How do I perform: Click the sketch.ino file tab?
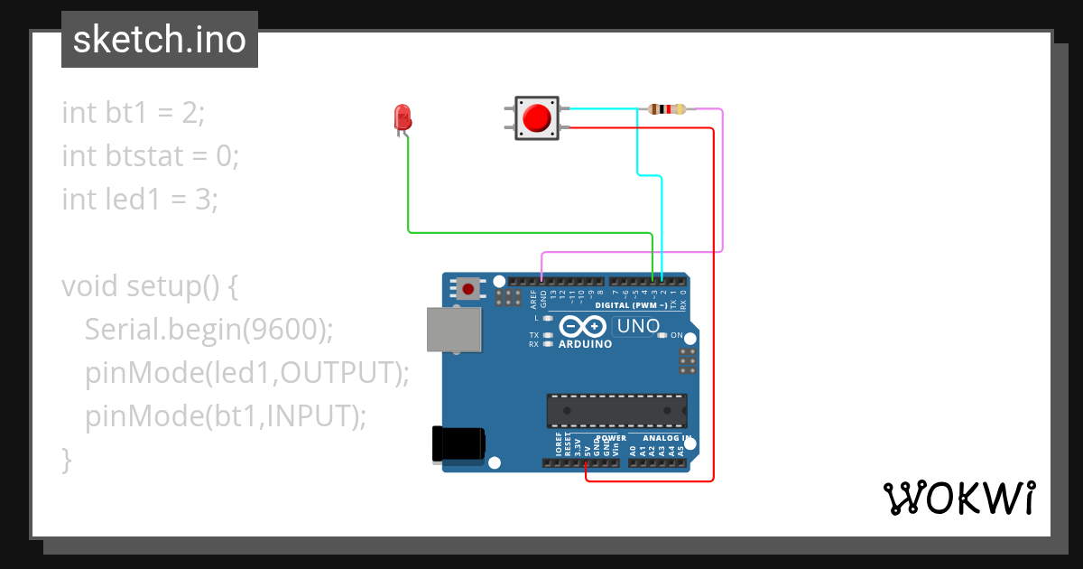pos(159,40)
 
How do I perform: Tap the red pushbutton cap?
pos(538,118)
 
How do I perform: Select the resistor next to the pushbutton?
pos(667,109)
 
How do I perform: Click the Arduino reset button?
pos(468,289)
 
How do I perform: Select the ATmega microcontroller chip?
pos(616,410)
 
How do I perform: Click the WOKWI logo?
pos(958,498)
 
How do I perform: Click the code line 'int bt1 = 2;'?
pos(134,113)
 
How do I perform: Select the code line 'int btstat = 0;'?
pos(150,156)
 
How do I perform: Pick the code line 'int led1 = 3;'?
pos(140,199)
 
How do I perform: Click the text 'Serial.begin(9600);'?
pos(208,330)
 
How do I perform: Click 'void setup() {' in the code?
pos(149,286)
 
